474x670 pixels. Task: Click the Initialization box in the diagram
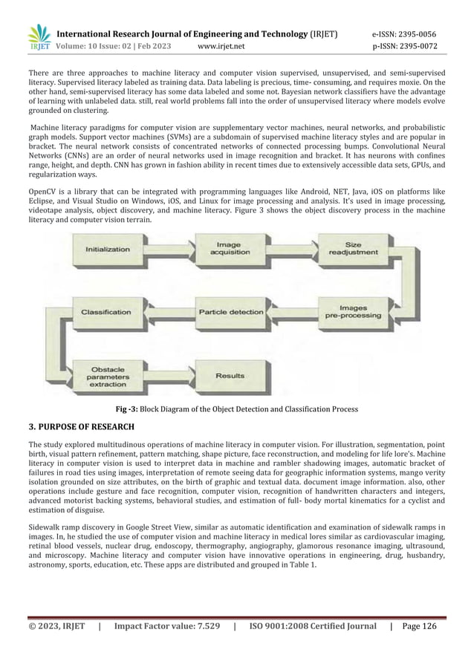pyautogui.click(x=108, y=250)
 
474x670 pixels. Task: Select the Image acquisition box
pyautogui.click(x=229, y=250)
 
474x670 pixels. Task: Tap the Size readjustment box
pyautogui.click(x=354, y=250)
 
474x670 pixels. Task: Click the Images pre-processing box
pyautogui.click(x=354, y=311)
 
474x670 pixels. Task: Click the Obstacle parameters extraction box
pyautogui.click(x=108, y=375)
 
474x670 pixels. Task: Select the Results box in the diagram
pyautogui.click(x=230, y=376)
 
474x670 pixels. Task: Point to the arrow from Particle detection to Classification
pyautogui.click(x=168, y=312)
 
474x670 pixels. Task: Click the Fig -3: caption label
pyautogui.click(x=132, y=409)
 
